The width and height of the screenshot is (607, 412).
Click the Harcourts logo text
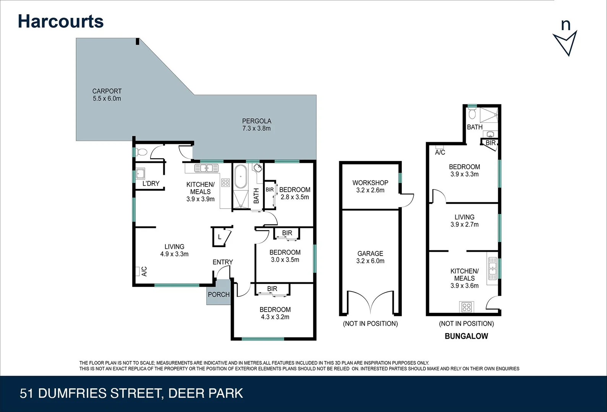click(x=61, y=21)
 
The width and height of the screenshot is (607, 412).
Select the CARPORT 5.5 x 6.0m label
click(x=107, y=95)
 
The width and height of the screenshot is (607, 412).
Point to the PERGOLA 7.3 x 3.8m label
click(x=256, y=125)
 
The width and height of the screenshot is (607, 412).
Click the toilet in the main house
click(x=141, y=152)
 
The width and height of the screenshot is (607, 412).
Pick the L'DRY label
click(x=151, y=183)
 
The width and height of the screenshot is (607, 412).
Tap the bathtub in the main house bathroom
click(x=241, y=177)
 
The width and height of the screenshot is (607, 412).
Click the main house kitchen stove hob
click(x=225, y=183)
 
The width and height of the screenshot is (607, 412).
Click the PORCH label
click(x=219, y=295)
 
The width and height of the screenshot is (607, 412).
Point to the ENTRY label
click(x=223, y=262)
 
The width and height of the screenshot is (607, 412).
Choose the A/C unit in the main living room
click(x=138, y=271)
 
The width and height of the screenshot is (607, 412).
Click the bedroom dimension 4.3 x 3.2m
click(x=275, y=317)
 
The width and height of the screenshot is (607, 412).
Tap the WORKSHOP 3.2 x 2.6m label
click(x=370, y=186)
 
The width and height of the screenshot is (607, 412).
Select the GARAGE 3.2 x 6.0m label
click(x=370, y=257)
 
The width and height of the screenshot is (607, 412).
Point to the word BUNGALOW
click(x=466, y=336)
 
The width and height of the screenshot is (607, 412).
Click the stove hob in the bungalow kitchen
click(x=466, y=307)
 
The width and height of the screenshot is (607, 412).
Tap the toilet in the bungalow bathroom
click(x=473, y=114)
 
